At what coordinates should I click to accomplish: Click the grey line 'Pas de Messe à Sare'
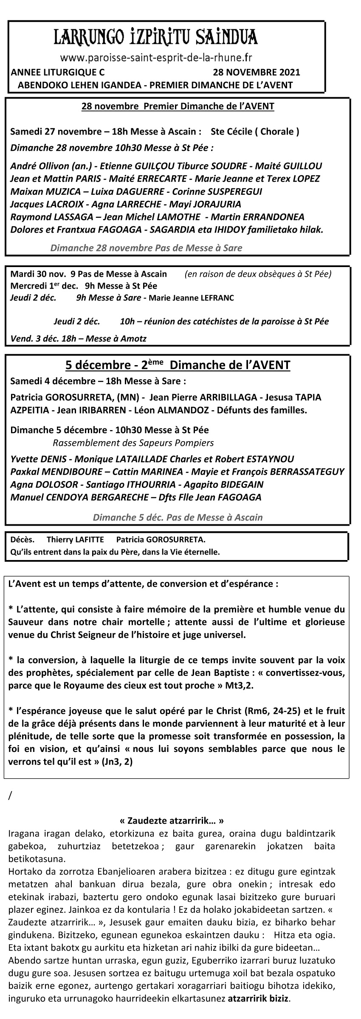pyautogui.click(x=146, y=248)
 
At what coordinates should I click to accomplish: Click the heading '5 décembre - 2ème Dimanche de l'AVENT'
pyautogui.click(x=178, y=365)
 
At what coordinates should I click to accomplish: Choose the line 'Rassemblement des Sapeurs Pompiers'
pyautogui.click(x=133, y=443)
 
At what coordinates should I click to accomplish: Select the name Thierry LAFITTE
pyautogui.click(x=75, y=540)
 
